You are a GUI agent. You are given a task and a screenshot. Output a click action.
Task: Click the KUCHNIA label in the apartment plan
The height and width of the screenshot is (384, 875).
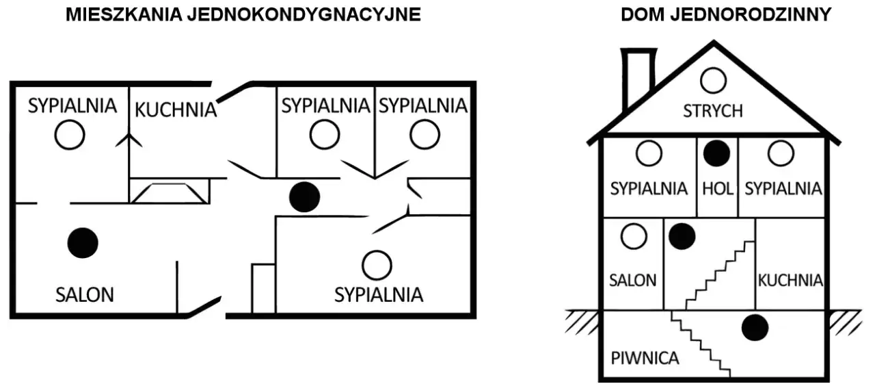(176, 110)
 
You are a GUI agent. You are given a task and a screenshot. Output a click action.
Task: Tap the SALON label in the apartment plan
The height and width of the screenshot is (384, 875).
(85, 295)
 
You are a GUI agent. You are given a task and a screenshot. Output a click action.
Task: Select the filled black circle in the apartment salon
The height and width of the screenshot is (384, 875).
(83, 243)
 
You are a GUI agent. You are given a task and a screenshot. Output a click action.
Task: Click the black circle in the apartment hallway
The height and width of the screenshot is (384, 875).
(305, 197)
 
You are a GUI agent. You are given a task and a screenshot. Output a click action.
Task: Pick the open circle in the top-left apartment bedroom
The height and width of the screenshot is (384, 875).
(70, 135)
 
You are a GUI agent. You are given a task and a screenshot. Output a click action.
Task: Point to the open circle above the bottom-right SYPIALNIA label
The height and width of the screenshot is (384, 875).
(377, 266)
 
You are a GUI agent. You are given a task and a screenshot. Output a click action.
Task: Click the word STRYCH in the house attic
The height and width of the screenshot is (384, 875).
(713, 111)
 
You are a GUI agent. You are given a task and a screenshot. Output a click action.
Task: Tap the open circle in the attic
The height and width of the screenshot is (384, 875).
(713, 81)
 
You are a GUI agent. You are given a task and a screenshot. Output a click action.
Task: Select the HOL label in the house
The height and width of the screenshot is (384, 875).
(718, 189)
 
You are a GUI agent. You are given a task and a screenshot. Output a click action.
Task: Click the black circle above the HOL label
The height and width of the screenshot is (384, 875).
(717, 153)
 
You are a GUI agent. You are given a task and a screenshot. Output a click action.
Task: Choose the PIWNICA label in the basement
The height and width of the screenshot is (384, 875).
(645, 358)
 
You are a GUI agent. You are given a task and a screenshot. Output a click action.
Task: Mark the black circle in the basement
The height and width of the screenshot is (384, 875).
(755, 328)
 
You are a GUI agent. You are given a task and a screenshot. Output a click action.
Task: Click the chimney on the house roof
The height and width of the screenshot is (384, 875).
(638, 78)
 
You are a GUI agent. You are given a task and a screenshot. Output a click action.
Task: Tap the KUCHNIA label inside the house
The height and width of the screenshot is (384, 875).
(790, 281)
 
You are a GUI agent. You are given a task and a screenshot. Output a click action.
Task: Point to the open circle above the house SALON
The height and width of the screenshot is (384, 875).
(634, 236)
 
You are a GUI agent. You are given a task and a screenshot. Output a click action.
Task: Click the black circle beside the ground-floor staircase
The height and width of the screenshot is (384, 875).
(682, 236)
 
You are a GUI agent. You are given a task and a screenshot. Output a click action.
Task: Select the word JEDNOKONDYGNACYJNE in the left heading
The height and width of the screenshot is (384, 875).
(304, 15)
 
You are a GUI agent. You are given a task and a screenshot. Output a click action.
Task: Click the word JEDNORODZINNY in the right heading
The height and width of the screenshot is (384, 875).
(751, 15)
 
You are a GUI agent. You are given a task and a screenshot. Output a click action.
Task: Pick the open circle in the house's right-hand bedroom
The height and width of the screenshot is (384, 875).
(781, 153)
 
